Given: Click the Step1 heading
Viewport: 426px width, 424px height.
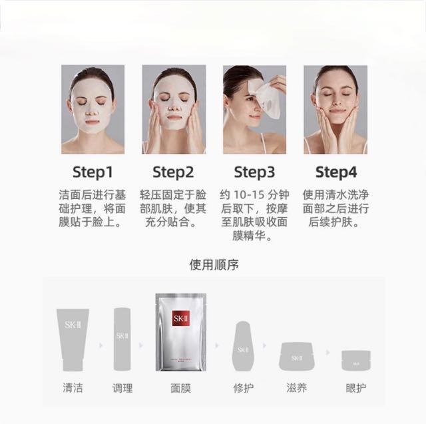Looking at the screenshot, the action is pyautogui.click(x=93, y=172).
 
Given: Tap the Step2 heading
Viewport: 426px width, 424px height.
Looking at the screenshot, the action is pyautogui.click(x=173, y=172).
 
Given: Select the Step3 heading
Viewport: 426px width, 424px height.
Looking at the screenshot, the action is pyautogui.click(x=254, y=172).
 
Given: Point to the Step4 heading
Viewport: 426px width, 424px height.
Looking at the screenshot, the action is pyautogui.click(x=336, y=172).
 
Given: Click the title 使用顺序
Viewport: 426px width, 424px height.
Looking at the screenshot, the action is pyautogui.click(x=214, y=265).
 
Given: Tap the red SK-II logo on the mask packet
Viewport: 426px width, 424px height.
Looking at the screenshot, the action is pyautogui.click(x=180, y=318).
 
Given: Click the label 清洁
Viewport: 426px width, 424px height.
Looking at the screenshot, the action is pyautogui.click(x=73, y=387).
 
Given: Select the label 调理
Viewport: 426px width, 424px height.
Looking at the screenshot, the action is pyautogui.click(x=122, y=388).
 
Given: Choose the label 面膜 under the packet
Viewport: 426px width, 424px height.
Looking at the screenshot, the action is pyautogui.click(x=180, y=388).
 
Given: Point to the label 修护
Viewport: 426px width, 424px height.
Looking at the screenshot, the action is pyautogui.click(x=244, y=388).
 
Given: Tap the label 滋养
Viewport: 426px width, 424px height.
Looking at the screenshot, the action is pyautogui.click(x=296, y=387).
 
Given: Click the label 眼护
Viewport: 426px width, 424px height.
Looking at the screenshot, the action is pyautogui.click(x=356, y=388).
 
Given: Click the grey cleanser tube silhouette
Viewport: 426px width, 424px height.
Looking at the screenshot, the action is pyautogui.click(x=73, y=339).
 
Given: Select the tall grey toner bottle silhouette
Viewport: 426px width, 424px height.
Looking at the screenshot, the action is pyautogui.click(x=122, y=339).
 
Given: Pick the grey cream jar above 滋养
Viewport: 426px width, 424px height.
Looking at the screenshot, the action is pyautogui.click(x=297, y=356).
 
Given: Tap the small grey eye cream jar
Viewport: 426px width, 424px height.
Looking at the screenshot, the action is pyautogui.click(x=356, y=361).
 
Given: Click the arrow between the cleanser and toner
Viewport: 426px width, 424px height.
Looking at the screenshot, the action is pyautogui.click(x=101, y=345).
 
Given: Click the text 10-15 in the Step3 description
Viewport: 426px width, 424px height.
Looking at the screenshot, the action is pyautogui.click(x=249, y=195).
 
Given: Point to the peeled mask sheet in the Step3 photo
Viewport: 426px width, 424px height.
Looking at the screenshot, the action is pyautogui.click(x=267, y=101).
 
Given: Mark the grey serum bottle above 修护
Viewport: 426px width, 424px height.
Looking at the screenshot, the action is pyautogui.click(x=243, y=346).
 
